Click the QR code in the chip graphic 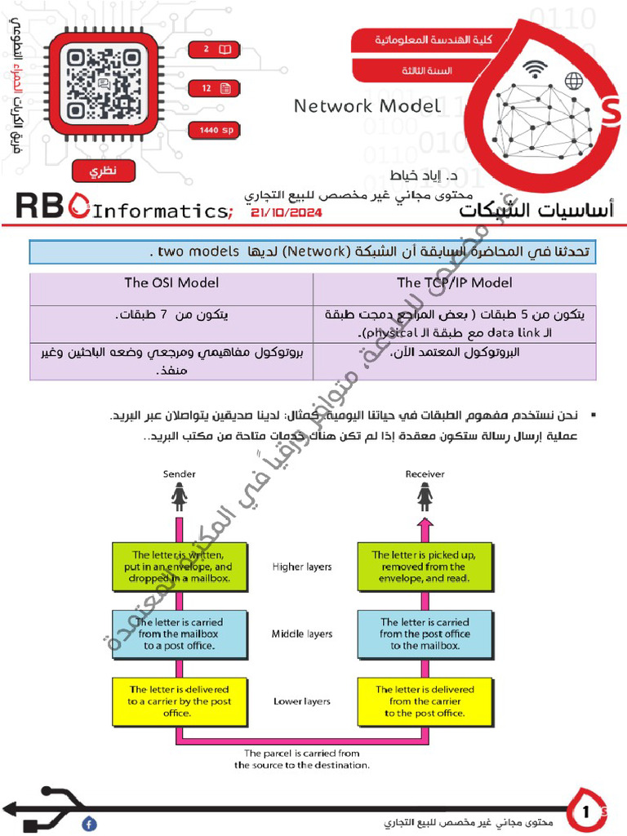tap(97, 84)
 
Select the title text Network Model tap(367, 106)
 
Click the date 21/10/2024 tap(287, 212)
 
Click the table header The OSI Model tap(171, 283)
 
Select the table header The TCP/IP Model tap(455, 283)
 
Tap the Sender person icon tap(179, 495)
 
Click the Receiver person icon tap(424, 495)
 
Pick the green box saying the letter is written tap(179, 567)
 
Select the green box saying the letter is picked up tap(424, 567)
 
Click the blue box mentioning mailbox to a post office tap(179, 634)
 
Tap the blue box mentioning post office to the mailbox tap(424, 634)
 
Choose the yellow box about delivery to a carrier tap(179, 701)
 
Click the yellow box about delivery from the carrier tap(424, 701)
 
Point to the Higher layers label tap(302, 567)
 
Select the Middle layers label tap(302, 634)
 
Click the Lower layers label tap(302, 701)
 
